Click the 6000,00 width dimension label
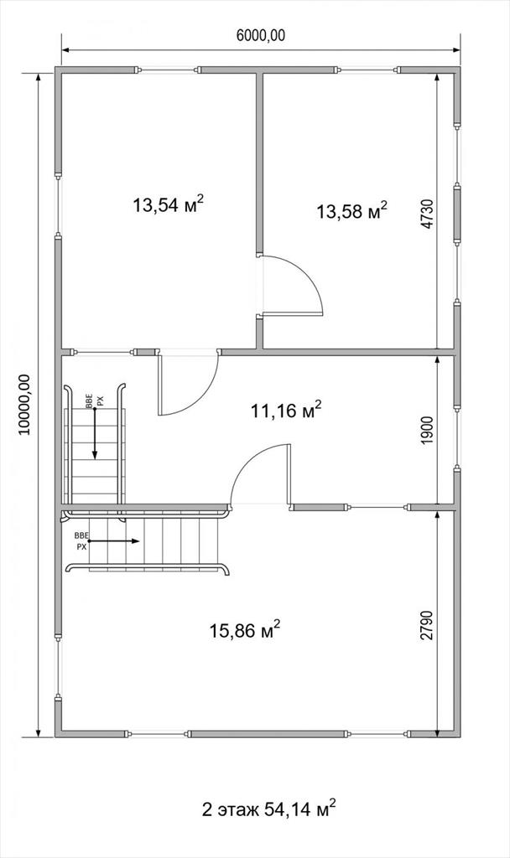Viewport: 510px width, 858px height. pyautogui.click(x=261, y=36)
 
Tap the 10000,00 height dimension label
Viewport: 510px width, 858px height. pyautogui.click(x=24, y=405)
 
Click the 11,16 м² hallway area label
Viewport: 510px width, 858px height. pyautogui.click(x=286, y=411)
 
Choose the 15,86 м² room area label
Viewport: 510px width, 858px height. pyautogui.click(x=246, y=630)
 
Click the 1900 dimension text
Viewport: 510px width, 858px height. pyautogui.click(x=428, y=431)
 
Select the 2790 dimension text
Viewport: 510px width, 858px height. pyautogui.click(x=428, y=625)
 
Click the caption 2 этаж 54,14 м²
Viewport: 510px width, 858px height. pyautogui.click(x=269, y=809)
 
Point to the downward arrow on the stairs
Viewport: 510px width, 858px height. pyautogui.click(x=94, y=426)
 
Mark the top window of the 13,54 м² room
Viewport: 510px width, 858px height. pyautogui.click(x=167, y=70)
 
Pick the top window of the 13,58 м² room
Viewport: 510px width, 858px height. pyautogui.click(x=367, y=70)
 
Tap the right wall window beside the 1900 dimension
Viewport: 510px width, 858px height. pyautogui.click(x=457, y=438)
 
